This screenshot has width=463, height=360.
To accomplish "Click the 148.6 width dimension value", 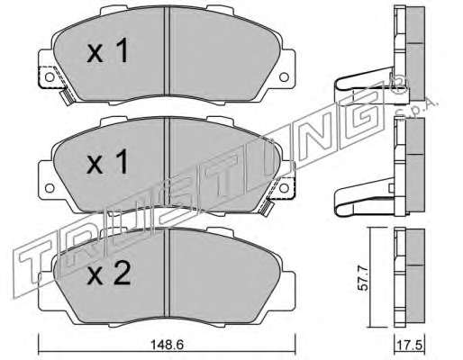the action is click(167, 345).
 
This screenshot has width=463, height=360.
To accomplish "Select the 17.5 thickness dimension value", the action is click(410, 346).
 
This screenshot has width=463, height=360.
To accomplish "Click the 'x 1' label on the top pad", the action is click(108, 50).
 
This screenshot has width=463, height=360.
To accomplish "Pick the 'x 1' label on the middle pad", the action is click(108, 162).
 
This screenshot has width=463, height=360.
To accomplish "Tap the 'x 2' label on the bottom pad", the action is click(109, 273).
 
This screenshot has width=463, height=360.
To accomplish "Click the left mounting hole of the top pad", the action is click(50, 77).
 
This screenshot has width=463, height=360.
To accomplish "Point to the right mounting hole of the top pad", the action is click(284, 77).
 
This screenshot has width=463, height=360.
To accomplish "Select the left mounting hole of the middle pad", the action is click(50, 188).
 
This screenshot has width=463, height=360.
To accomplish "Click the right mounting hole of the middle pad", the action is click(284, 188).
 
